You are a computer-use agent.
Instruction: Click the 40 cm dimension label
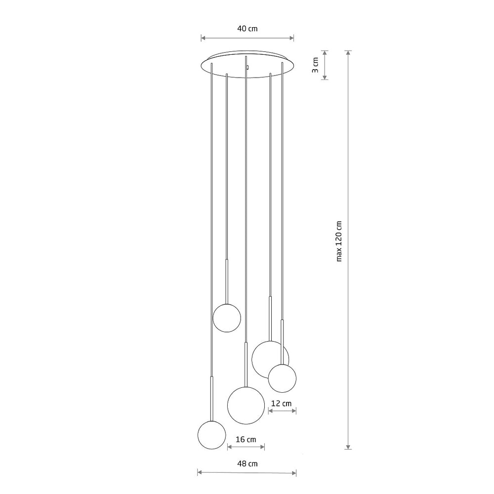click(247, 29)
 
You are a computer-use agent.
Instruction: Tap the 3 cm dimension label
click(315, 65)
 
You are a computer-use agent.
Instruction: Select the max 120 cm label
click(339, 242)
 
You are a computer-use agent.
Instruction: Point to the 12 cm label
click(282, 403)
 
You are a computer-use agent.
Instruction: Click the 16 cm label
click(246, 439)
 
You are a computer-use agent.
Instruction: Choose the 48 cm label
click(247, 463)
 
